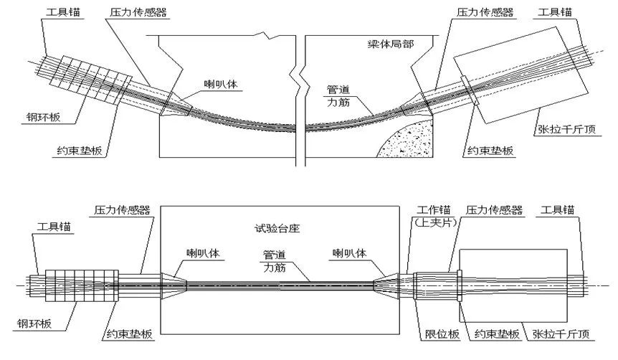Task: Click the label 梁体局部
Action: tap(391, 44)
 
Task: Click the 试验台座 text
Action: tap(277, 228)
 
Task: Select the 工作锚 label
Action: tap(434, 210)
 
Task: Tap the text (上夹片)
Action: tap(435, 222)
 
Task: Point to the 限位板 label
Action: tap(442, 334)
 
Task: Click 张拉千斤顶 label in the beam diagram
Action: tap(566, 129)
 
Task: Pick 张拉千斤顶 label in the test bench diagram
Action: tap(561, 334)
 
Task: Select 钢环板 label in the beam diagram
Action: tap(43, 117)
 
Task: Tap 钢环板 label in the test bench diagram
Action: tap(34, 324)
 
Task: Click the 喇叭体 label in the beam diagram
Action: tap(221, 84)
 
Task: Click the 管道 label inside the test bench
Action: tap(275, 255)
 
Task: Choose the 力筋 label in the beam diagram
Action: tap(338, 102)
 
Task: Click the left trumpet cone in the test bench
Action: tap(173, 285)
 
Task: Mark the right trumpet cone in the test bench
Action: tap(386, 285)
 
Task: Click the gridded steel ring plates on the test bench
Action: tap(82, 286)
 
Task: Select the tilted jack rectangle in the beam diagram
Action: tap(520, 75)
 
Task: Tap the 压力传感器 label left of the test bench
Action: tap(122, 210)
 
